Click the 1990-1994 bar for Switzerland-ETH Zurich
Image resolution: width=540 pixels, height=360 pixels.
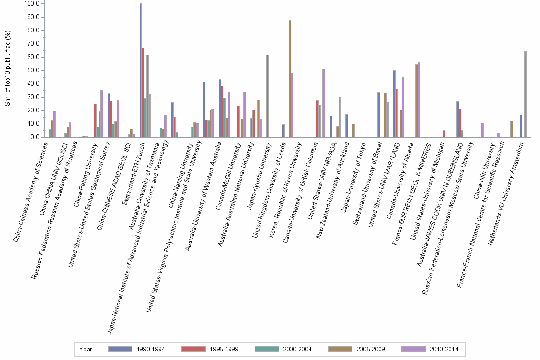pyautogui.click(x=140, y=70)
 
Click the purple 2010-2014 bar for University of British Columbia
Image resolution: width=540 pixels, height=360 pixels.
pyautogui.click(x=324, y=103)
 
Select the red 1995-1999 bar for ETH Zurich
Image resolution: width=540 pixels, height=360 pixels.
pyautogui.click(x=143, y=92)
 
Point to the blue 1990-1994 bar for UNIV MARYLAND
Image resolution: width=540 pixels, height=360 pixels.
pyautogui.click(x=394, y=104)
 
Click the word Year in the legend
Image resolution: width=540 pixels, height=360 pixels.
pyautogui.click(x=86, y=350)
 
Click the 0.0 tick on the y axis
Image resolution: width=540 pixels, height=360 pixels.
pyautogui.click(x=34, y=137)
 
